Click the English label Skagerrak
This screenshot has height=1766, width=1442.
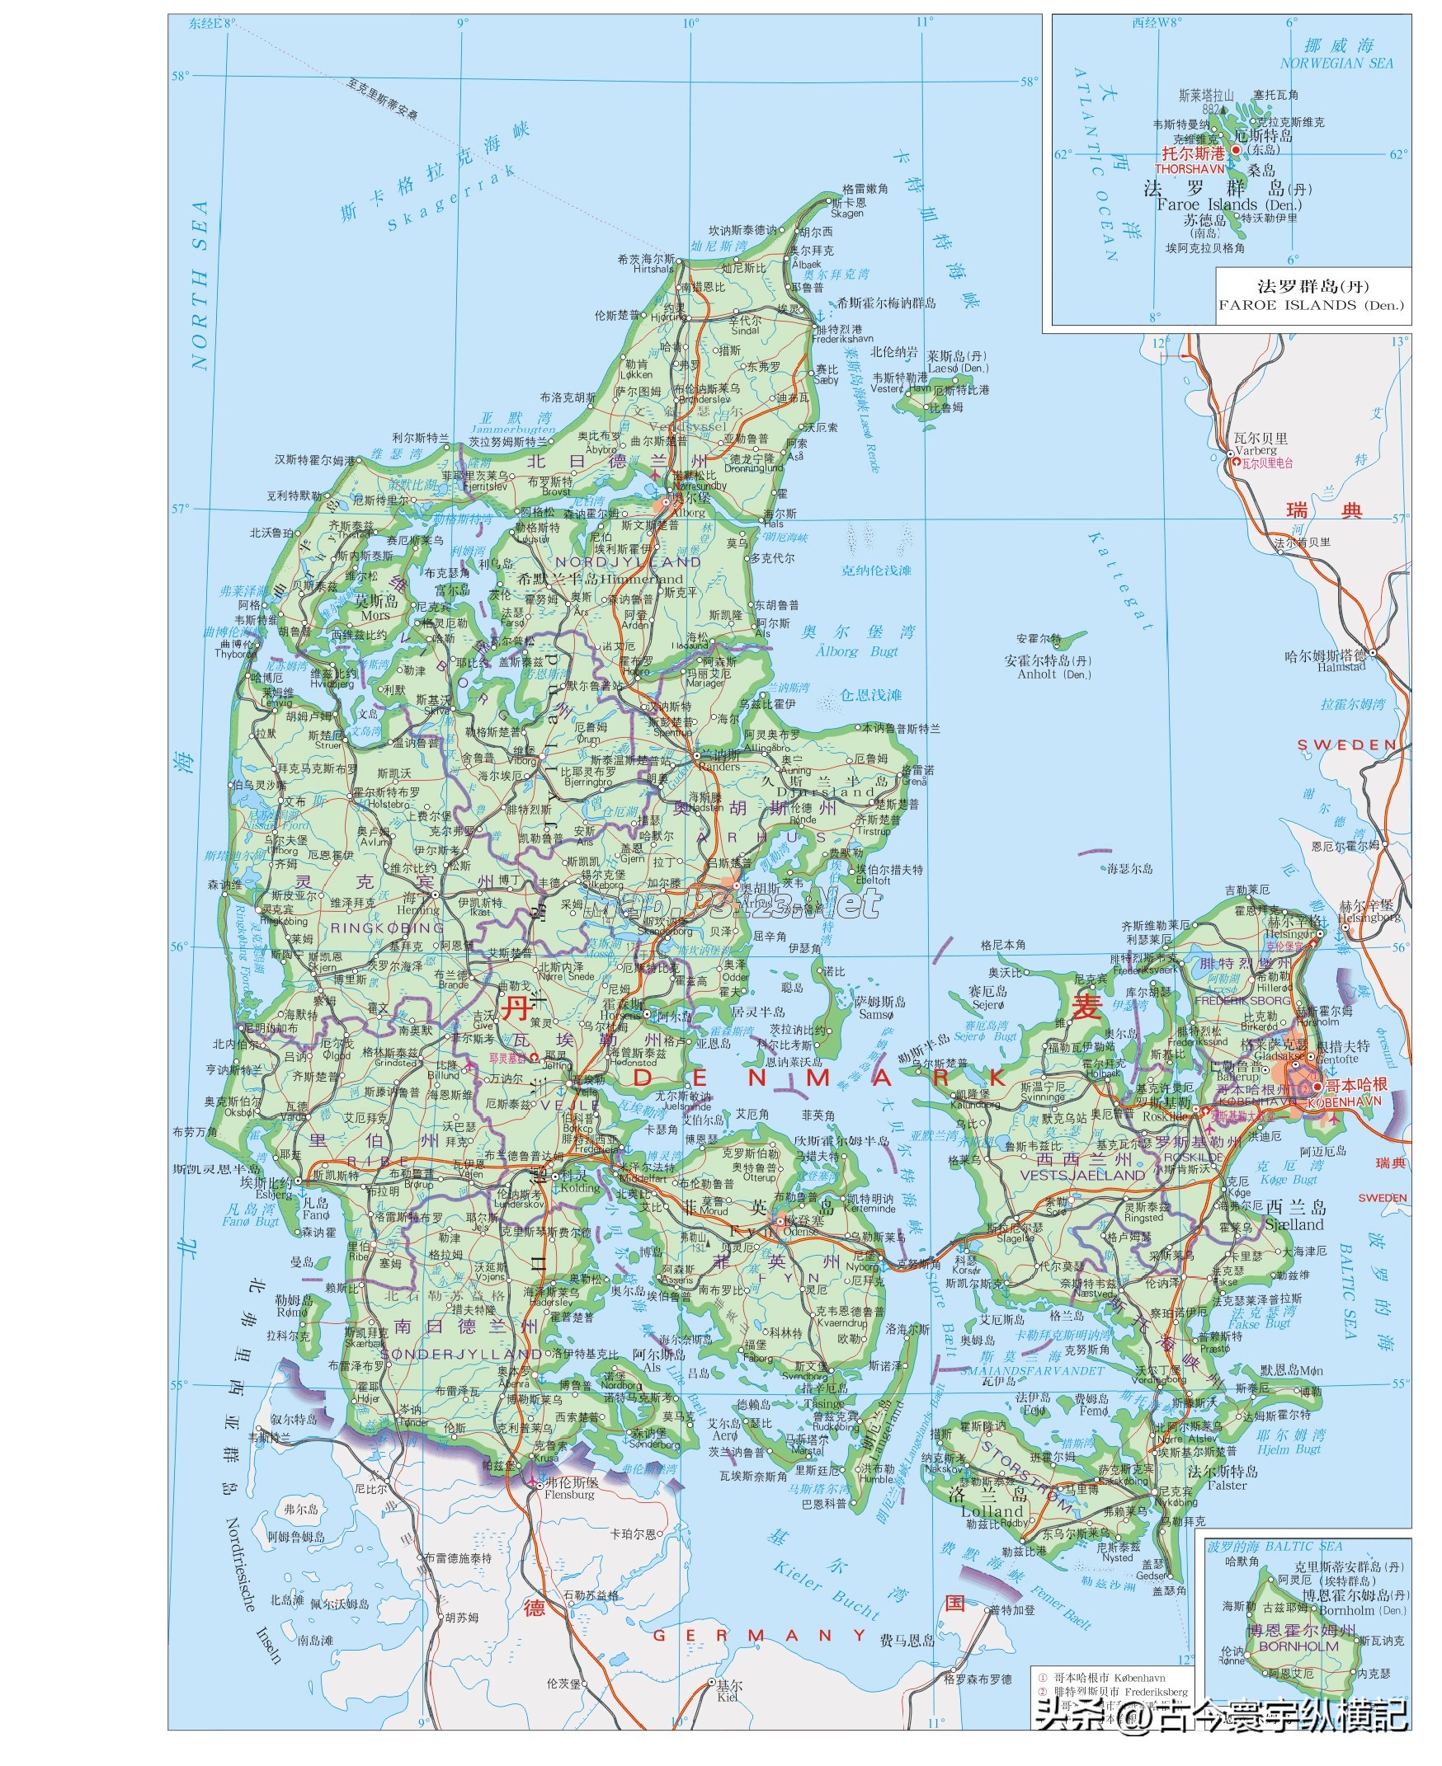click(x=450, y=198)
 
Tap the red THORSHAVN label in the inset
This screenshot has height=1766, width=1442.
click(x=1189, y=168)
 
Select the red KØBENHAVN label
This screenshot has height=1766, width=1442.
click(x=1344, y=1101)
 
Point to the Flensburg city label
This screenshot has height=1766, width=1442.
click(x=570, y=1495)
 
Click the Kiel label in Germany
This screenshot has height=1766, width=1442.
click(x=728, y=1698)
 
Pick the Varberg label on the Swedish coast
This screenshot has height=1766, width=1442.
click(x=1255, y=450)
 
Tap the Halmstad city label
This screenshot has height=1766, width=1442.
click(x=1341, y=667)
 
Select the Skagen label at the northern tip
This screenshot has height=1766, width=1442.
click(x=847, y=214)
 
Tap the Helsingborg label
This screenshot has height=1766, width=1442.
click(x=1366, y=918)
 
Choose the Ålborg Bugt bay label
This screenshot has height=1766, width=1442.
click(x=856, y=651)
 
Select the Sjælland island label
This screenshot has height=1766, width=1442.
click(x=1295, y=1224)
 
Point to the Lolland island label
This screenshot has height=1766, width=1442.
click(x=992, y=1511)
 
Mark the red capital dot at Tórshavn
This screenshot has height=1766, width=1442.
click(x=1236, y=150)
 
